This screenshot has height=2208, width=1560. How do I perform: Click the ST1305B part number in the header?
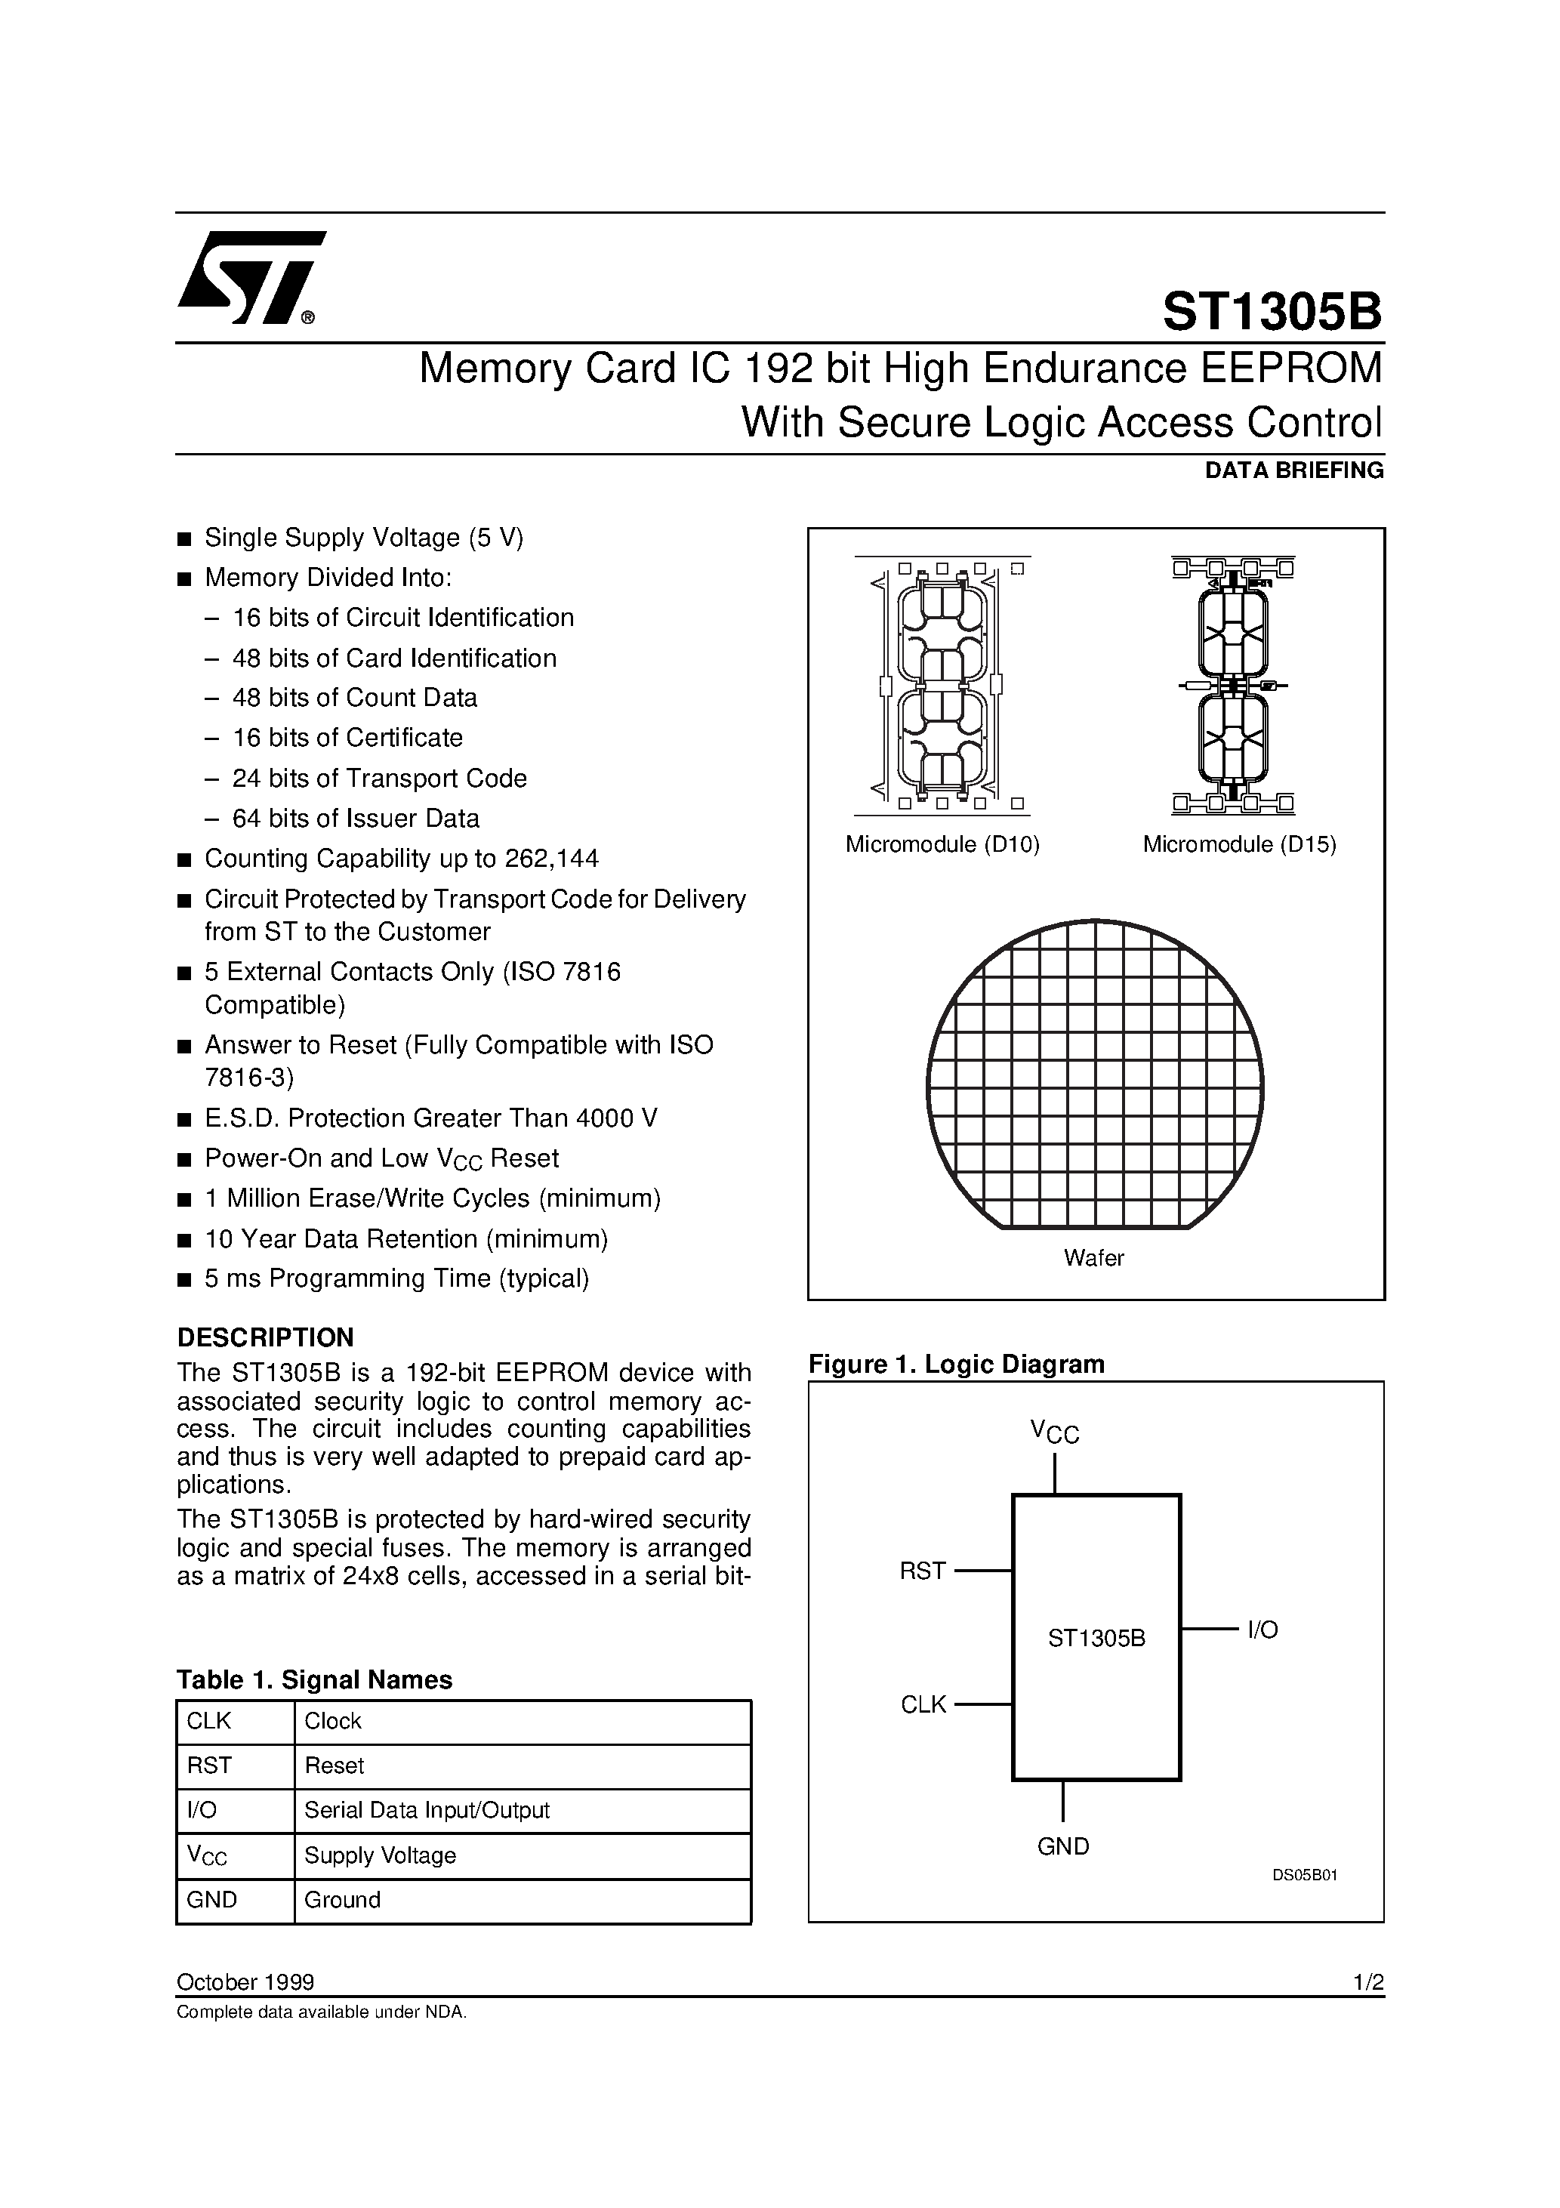pyautogui.click(x=1272, y=313)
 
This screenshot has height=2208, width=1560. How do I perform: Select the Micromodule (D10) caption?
pyautogui.click(x=942, y=844)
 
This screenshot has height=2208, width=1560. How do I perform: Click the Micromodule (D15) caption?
pyautogui.click(x=1239, y=844)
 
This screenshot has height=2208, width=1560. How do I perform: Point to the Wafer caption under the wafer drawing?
pyautogui.click(x=1093, y=1258)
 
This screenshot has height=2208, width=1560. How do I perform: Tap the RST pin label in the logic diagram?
pyautogui.click(x=923, y=1571)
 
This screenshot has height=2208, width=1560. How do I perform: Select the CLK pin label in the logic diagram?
pyautogui.click(x=923, y=1705)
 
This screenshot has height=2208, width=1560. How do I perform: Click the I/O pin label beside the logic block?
pyautogui.click(x=1262, y=1630)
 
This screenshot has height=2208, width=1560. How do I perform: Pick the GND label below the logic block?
pyautogui.click(x=1062, y=1846)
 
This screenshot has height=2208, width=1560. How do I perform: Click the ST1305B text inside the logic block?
pyautogui.click(x=1096, y=1639)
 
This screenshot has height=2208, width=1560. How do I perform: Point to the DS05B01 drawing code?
pyautogui.click(x=1305, y=1875)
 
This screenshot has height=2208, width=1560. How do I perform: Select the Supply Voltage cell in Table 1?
pyautogui.click(x=380, y=1855)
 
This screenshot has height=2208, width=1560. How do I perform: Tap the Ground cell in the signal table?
pyautogui.click(x=342, y=1899)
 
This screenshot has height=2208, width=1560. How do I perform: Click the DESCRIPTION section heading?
pyautogui.click(x=266, y=1337)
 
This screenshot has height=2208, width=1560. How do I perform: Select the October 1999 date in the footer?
pyautogui.click(x=245, y=1982)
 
